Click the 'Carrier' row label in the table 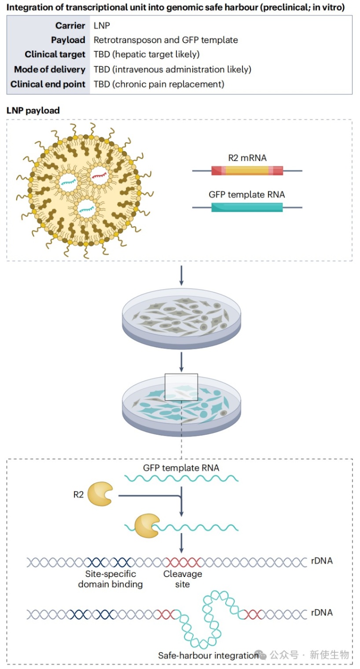pyautogui.click(x=70, y=26)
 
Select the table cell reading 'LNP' pyautogui.click(x=102, y=26)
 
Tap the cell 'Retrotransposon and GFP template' pyautogui.click(x=166, y=40)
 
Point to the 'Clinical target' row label pyautogui.click(x=55, y=55)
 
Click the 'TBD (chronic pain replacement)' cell pyautogui.click(x=159, y=84)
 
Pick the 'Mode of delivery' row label pyautogui.click(x=50, y=69)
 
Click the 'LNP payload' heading pyautogui.click(x=33, y=110)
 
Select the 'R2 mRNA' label pyautogui.click(x=247, y=158)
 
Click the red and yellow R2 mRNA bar pyautogui.click(x=247, y=170)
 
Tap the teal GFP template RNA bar pyautogui.click(x=247, y=207)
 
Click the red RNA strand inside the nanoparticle pyautogui.click(x=99, y=175)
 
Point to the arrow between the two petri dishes pyautogui.click(x=181, y=362)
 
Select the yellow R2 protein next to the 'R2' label pyautogui.click(x=100, y=494)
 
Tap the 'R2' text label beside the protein pyautogui.click(x=78, y=495)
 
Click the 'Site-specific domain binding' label pyautogui.click(x=110, y=579)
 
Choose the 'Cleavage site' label pyautogui.click(x=183, y=579)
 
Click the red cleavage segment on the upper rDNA pyautogui.click(x=183, y=562)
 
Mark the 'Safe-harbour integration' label pyautogui.click(x=208, y=655)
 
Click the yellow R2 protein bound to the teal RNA pyautogui.click(x=147, y=526)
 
